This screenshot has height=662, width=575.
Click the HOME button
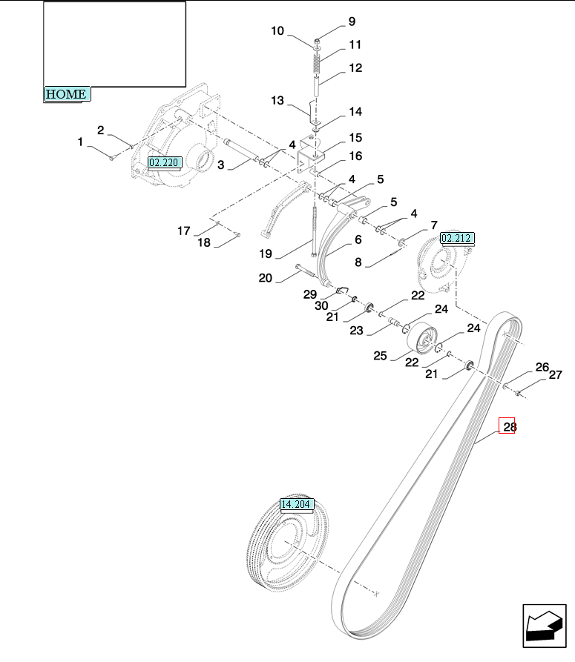[x=67, y=94]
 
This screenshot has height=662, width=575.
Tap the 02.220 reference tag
[x=165, y=162]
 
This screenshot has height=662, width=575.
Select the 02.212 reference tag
[x=457, y=238]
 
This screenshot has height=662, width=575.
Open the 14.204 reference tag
[x=297, y=504]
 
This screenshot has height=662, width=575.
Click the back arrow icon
[x=544, y=626]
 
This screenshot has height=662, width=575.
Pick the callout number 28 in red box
[x=507, y=426]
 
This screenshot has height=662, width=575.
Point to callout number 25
[x=380, y=356]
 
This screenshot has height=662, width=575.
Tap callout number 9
[x=352, y=21]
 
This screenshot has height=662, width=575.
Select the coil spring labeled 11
[x=318, y=63]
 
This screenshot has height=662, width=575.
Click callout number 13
[x=277, y=101]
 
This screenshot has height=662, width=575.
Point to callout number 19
[x=266, y=254]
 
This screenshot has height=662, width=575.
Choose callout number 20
[x=266, y=278]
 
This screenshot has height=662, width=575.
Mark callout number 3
[x=220, y=165]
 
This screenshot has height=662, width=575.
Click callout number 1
[x=80, y=142]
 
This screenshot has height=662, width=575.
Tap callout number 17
[x=184, y=231]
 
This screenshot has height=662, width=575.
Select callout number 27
[x=556, y=375]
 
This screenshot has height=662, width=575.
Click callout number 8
[x=358, y=262]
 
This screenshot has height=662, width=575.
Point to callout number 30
[x=321, y=305]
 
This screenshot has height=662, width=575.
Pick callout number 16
[x=355, y=156]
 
